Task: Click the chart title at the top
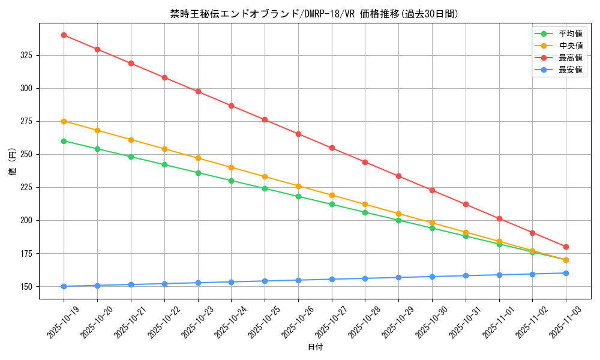pyautogui.click(x=314, y=14)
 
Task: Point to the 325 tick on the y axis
pyautogui.click(x=28, y=55)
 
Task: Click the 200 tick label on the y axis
pyautogui.click(x=28, y=220)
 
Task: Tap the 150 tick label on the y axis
pyautogui.click(x=28, y=286)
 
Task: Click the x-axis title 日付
pyautogui.click(x=314, y=347)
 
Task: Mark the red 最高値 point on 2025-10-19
pyautogui.click(x=64, y=35)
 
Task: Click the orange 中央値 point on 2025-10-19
pyautogui.click(x=64, y=121)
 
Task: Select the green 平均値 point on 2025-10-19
pyautogui.click(x=64, y=141)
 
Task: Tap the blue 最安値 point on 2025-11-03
pyautogui.click(x=566, y=273)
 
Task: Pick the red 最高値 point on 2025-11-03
pyautogui.click(x=566, y=247)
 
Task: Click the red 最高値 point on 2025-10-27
pyautogui.click(x=332, y=148)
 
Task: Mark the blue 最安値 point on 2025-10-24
pyautogui.click(x=231, y=282)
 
